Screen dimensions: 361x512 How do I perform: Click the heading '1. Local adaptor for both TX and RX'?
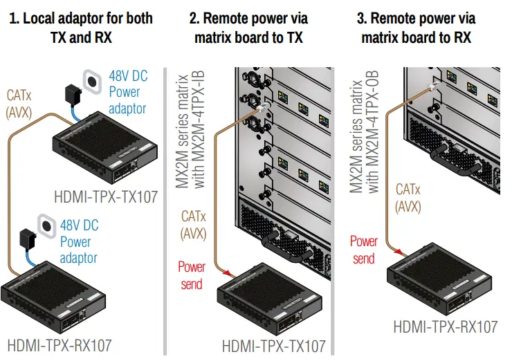80,27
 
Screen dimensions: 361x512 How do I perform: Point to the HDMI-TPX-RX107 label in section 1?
59,344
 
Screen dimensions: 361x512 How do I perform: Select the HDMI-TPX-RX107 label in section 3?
445,326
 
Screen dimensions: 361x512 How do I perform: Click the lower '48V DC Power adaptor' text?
79,241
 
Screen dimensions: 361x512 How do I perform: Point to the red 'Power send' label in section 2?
192,275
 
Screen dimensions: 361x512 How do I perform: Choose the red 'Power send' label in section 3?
363,250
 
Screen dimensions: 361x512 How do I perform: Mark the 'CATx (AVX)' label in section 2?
193,225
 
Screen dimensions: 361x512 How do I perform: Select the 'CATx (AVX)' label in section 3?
409,196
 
